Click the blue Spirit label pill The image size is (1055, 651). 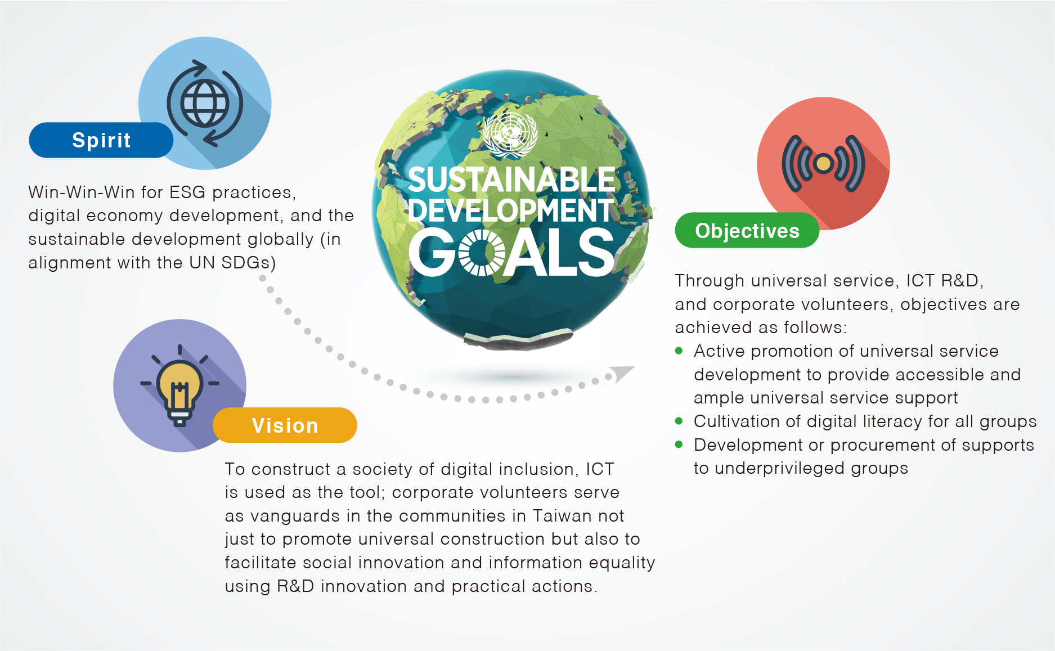tap(101, 140)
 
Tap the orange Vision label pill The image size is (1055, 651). tap(285, 425)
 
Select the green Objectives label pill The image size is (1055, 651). tap(747, 231)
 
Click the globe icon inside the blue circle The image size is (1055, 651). tap(204, 104)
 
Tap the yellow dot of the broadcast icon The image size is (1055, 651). tap(823, 164)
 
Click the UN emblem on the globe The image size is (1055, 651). tap(510, 134)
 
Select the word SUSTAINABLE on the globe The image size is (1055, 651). tap(511, 180)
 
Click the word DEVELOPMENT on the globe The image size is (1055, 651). tap(511, 210)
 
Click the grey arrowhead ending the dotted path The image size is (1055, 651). tap(623, 373)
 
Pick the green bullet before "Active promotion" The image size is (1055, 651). tap(679, 351)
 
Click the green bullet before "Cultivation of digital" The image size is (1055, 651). tap(679, 421)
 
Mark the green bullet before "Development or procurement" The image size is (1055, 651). tap(679, 445)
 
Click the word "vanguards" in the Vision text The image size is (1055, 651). tap(295, 517)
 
